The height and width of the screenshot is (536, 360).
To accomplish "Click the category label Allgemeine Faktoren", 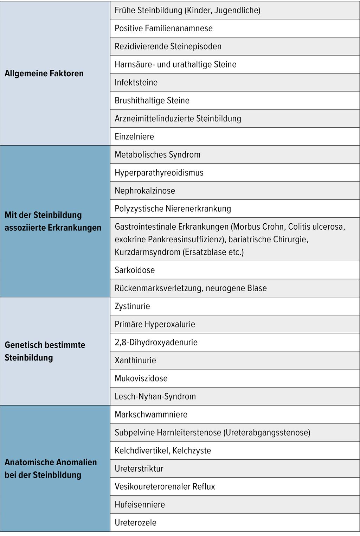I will coord(44,74).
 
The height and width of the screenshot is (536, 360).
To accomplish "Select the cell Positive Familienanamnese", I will coord(163,28).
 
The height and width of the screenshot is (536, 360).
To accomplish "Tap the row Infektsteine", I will coord(136,83).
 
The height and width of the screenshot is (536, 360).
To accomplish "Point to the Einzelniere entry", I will coord(134,137).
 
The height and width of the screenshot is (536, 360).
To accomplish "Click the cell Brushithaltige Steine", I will coord(152,101).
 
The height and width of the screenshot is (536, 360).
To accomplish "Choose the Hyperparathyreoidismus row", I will coord(159,173).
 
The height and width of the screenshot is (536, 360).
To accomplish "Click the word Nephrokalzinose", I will coord(145,191).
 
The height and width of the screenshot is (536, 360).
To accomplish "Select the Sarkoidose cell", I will coord(135,270).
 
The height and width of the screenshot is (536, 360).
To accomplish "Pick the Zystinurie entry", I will coord(132,306).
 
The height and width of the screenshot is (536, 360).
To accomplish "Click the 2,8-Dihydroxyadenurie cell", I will coord(156,343).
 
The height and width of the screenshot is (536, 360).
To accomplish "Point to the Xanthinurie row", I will coord(135,360).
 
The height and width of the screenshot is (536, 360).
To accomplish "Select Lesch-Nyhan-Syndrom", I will coord(155,397).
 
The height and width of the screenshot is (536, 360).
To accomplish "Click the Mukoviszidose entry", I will coord(141,379).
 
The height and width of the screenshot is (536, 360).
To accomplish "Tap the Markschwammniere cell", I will coord(151,415).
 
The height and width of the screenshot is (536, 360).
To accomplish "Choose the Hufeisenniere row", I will coord(140,505).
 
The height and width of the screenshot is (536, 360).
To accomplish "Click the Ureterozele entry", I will coord(135,523).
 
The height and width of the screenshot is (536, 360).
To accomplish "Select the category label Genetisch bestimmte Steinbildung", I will coord(45,351).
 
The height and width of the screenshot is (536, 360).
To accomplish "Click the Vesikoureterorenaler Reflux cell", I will coord(165,487).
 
